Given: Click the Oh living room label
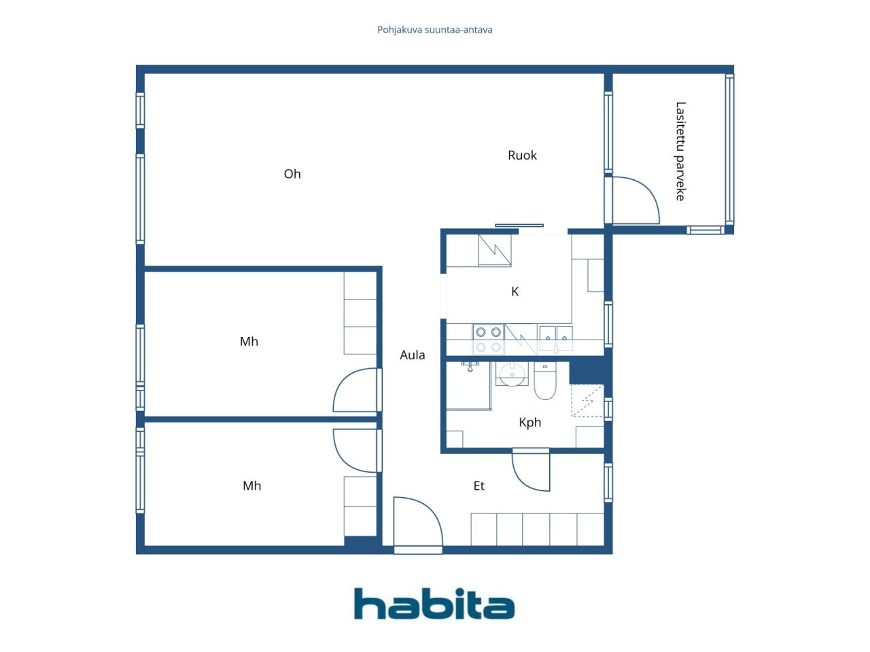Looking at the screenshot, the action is (292, 174).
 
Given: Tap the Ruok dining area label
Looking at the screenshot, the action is (522, 155).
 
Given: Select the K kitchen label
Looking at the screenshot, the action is (515, 292).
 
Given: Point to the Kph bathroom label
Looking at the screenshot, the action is (529, 423).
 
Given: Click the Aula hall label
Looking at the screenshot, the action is (412, 355).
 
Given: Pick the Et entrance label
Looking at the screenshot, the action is (478, 486).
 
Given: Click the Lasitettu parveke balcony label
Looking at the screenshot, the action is (680, 151).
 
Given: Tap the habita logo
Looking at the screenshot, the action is (434, 603).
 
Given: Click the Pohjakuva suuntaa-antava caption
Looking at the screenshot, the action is (434, 30).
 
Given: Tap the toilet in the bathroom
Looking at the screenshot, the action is (544, 380).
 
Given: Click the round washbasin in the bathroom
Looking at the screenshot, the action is (512, 374).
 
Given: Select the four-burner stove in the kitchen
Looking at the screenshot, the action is (488, 340).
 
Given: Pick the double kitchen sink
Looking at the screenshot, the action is (555, 338).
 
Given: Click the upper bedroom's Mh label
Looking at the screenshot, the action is (249, 342).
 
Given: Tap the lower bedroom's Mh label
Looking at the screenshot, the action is (251, 486).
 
